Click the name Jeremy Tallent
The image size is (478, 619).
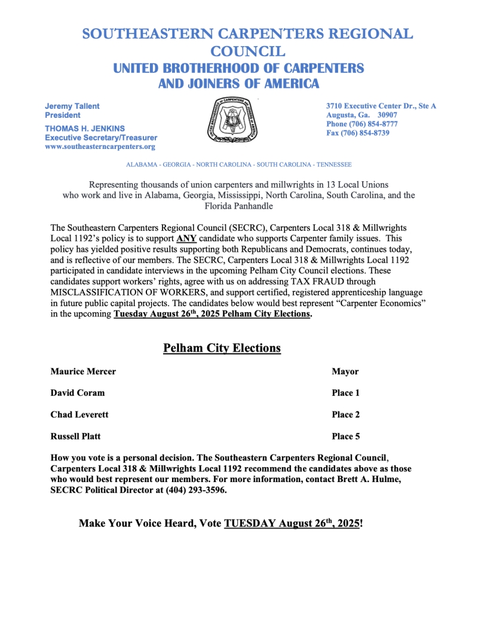coord(72,106)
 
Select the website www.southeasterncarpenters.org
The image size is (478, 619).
coord(100,147)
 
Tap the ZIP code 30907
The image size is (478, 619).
coord(391,115)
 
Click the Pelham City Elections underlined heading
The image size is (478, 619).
coord(222,347)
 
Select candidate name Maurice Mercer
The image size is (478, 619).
coord(83,371)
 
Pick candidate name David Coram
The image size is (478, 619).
coord(78,393)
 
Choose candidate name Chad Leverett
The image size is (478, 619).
coord(79,414)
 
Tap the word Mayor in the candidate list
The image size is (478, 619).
coord(345,371)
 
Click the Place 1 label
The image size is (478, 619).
coord(346,393)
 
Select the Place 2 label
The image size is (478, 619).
coord(346,414)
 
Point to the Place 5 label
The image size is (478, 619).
coord(346,436)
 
